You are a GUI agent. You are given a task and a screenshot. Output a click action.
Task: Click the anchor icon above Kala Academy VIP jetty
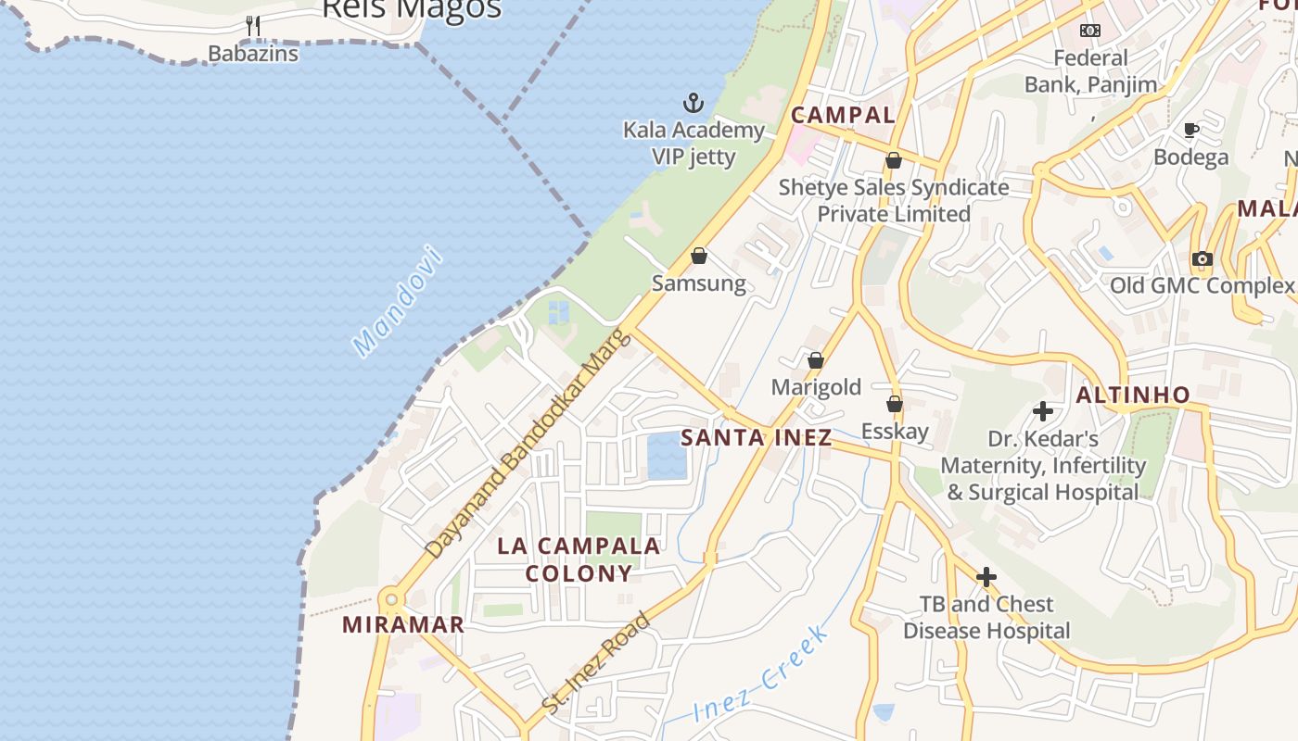[x=693, y=102]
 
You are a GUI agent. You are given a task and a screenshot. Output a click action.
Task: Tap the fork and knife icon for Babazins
[x=253, y=25]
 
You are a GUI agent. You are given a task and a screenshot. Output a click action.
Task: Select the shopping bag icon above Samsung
[x=699, y=256]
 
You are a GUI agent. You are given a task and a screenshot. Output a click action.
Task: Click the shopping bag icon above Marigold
[x=816, y=360]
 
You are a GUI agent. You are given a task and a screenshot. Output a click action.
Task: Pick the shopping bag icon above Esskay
[x=895, y=404]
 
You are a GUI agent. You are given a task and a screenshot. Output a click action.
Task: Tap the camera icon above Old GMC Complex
[x=1203, y=258]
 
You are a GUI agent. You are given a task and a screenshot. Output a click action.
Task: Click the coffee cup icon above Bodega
[x=1191, y=130]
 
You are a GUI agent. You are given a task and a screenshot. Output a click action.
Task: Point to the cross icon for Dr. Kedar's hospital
[x=1043, y=410]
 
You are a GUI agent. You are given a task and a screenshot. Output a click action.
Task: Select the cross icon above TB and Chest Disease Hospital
[x=986, y=577]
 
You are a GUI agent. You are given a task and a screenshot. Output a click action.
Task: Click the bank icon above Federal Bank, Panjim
[x=1090, y=31]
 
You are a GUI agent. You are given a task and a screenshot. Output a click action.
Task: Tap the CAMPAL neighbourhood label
[x=843, y=115]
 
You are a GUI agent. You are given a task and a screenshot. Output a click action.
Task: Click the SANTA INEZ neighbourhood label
[x=757, y=438]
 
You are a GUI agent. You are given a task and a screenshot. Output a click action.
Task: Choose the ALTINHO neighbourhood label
[x=1133, y=395]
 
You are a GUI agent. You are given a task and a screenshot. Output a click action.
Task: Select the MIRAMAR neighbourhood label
[x=403, y=624]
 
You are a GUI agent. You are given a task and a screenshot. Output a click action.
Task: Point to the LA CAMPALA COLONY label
[x=579, y=559]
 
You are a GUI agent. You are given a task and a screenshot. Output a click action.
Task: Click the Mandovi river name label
[x=398, y=301]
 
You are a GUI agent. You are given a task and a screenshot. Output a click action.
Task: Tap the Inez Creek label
[x=760, y=675]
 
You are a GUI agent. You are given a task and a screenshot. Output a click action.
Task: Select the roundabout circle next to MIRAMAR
[x=390, y=598]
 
